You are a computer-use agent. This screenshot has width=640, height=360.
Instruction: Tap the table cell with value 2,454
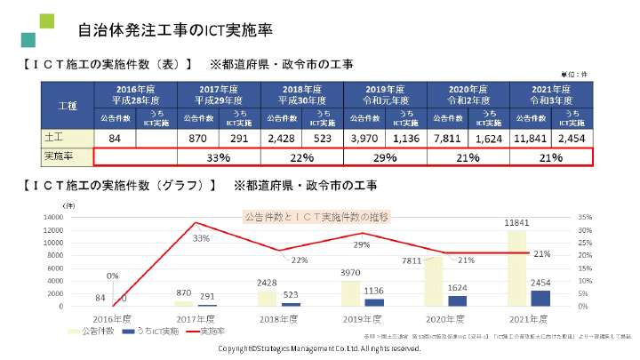pos(572,139)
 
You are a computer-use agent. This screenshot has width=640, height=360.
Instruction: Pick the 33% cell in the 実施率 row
pos(219,157)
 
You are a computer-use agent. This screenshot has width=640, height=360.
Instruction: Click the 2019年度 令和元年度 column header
pos(385,94)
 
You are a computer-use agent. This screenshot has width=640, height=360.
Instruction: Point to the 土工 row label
pos(67,139)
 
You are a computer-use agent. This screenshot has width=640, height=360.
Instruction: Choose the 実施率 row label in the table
pos(67,157)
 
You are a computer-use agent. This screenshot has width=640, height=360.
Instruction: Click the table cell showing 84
pos(115,139)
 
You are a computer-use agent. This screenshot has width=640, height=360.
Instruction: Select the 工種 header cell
pos(67,105)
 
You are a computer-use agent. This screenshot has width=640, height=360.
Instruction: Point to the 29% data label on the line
pos(362,244)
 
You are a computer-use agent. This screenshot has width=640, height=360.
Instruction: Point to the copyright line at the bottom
pos(319,348)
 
